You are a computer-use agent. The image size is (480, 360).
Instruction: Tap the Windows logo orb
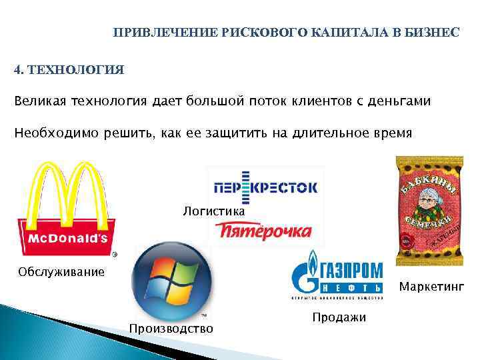172,280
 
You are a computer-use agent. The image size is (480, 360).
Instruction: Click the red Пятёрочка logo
263,231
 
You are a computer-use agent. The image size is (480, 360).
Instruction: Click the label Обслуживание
61,271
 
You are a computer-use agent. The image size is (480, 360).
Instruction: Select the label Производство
171,328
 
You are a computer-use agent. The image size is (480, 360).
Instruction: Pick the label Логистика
214,211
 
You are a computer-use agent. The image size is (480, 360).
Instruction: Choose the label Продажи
339,317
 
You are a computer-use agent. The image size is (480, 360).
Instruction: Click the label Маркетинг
431,287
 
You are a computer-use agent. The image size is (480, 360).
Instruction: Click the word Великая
41,101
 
